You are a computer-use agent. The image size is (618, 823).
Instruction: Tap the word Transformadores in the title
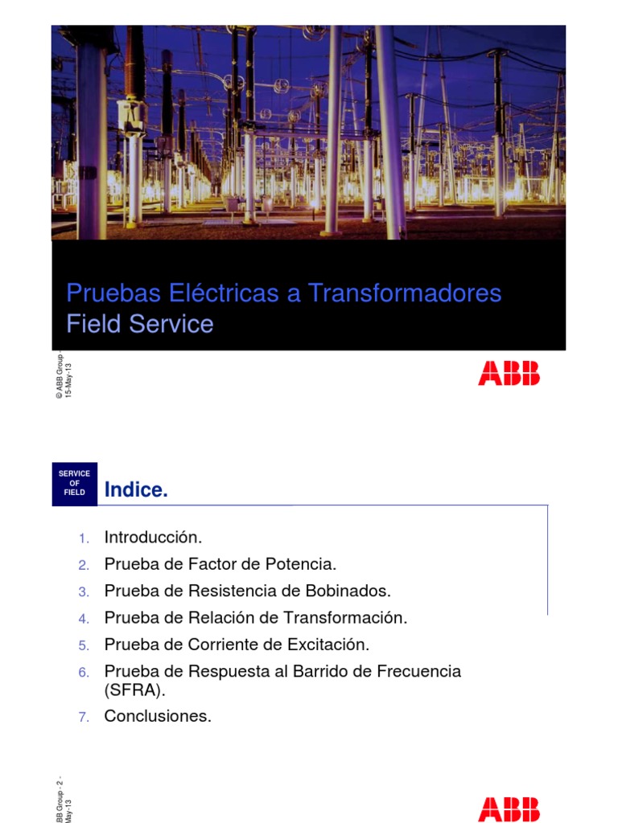(405, 293)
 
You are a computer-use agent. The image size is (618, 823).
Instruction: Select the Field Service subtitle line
(140, 324)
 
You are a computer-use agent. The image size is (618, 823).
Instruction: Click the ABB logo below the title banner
(509, 373)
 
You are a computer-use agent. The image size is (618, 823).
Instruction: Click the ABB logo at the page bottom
(509, 809)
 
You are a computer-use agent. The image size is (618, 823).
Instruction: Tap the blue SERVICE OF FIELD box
(74, 483)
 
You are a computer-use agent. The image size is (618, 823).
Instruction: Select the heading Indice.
(136, 490)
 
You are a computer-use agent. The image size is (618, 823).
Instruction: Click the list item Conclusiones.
(158, 716)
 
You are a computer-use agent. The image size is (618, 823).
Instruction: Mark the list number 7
(84, 717)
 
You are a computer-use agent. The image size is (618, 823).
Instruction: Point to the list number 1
(84, 538)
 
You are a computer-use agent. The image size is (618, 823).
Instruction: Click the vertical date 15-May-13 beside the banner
(68, 377)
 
